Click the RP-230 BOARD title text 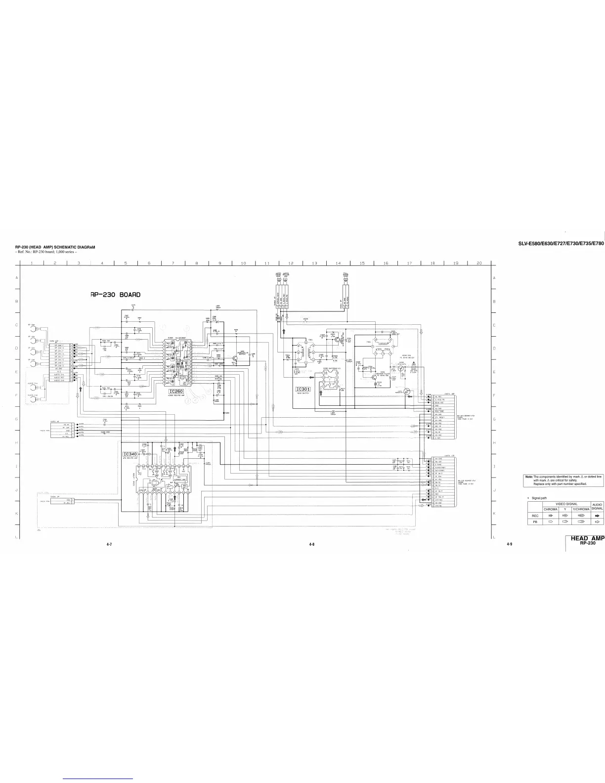click(116, 295)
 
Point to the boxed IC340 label click(130, 454)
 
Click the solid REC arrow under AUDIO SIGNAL click(597, 515)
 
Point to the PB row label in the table click(535, 522)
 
